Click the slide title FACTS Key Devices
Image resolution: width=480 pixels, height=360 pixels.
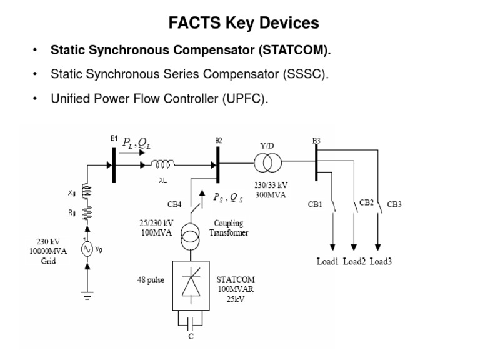[x=244, y=24]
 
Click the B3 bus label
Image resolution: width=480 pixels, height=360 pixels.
[x=316, y=141]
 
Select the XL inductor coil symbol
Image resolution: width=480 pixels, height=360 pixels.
[x=164, y=165]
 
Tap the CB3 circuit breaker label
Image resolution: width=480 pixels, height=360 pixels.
[x=395, y=204]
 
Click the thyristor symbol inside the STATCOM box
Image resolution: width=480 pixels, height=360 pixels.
[x=191, y=287]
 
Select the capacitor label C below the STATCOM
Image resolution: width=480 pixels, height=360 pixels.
[x=191, y=336]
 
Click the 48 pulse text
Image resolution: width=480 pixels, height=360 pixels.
[x=151, y=280]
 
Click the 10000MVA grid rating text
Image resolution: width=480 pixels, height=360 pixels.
[x=44, y=252]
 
